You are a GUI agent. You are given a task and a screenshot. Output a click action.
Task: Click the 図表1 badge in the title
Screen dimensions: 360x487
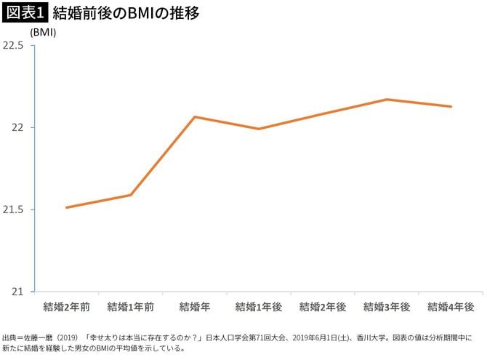(24, 13)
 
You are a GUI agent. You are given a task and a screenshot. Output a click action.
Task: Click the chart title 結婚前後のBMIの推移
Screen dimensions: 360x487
(126, 13)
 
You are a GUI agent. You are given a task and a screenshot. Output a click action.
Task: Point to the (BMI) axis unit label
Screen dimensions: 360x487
(44, 33)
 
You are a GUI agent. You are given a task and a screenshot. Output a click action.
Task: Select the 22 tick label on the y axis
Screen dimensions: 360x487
(18, 127)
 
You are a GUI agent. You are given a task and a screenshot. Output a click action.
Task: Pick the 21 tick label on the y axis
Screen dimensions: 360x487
(18, 292)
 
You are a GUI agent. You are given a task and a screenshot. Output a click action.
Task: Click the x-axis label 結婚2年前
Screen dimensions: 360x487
(66, 306)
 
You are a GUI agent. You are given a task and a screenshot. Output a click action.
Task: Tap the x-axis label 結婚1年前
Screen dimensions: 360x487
(131, 306)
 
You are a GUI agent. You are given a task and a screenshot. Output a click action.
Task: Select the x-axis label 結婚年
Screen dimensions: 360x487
(195, 306)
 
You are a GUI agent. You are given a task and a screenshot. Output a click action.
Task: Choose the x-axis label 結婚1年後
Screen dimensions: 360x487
(259, 306)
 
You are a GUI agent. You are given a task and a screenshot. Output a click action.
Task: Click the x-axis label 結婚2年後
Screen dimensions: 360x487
(323, 306)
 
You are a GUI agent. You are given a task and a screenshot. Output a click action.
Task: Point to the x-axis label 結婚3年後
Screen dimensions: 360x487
(387, 306)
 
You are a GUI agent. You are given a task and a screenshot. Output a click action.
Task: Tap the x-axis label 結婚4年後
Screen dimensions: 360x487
(451, 306)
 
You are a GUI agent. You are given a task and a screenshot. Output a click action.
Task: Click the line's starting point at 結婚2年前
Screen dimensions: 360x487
(66, 207)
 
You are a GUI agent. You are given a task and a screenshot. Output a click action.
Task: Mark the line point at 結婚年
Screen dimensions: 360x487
(195, 116)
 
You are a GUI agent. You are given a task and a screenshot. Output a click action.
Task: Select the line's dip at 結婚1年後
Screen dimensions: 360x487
(259, 129)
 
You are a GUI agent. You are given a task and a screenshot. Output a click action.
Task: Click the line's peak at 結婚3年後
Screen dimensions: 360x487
(387, 99)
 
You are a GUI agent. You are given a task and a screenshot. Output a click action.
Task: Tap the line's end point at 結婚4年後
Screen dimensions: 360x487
(451, 106)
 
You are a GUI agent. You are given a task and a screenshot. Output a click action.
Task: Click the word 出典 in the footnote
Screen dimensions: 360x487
(11, 337)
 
